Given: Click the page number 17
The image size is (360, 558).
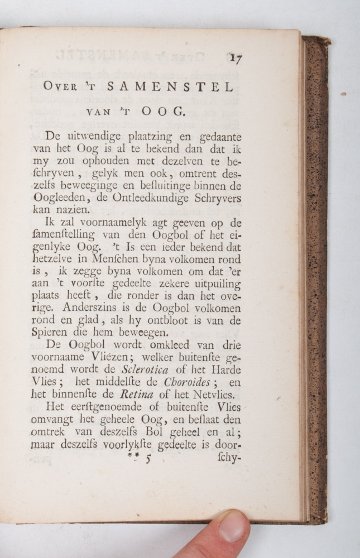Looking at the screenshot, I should coord(235,58).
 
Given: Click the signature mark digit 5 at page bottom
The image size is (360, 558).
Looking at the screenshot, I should coord(148,459).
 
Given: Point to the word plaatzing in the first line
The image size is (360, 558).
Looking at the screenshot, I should coord(138,136).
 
